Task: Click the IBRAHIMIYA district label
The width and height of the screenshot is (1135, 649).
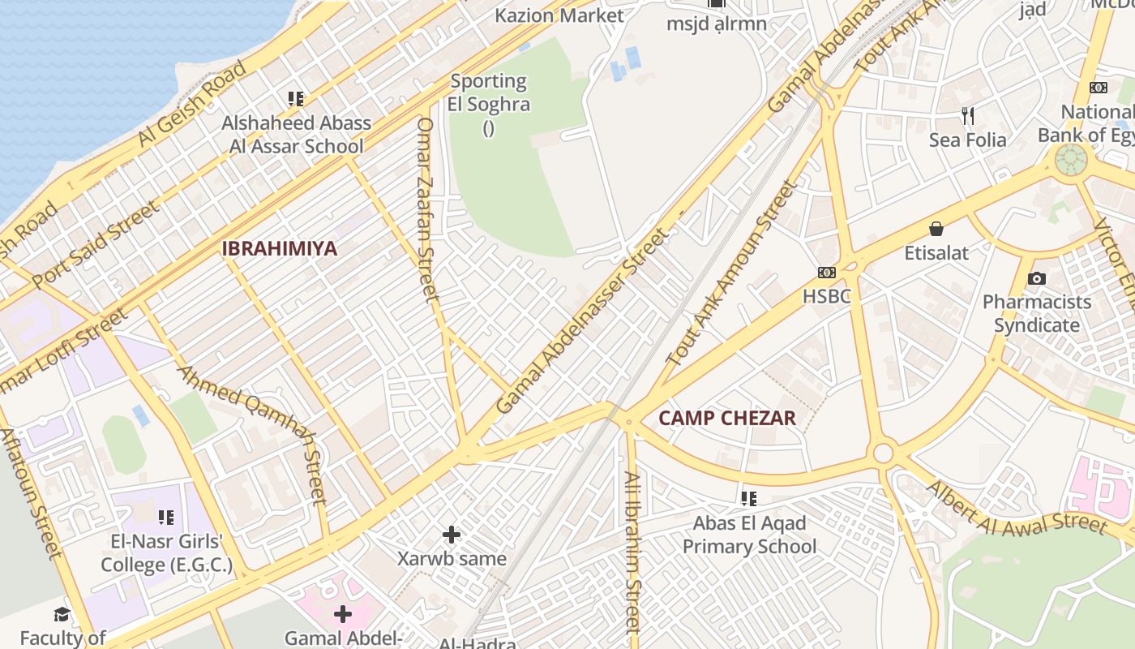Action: pos(279,248)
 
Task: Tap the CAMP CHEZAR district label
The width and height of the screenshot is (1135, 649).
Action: pos(726,419)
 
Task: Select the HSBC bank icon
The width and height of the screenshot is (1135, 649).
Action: pos(827,273)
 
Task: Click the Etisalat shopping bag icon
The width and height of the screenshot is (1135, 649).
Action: pos(936,229)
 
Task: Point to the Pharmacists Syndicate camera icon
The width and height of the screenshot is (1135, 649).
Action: pos(1036,278)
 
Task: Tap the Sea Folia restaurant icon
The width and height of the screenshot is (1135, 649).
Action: pos(967,115)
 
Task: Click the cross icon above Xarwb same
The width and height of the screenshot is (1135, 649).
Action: pos(452,535)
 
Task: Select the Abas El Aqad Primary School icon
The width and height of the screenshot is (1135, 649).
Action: pos(748,498)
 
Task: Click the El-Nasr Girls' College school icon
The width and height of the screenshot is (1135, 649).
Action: pos(166,517)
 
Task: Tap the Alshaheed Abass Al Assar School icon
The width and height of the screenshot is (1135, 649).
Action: pos(296,99)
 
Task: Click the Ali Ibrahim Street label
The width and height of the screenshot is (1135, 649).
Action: pos(632,552)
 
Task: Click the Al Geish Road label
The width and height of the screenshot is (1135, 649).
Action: pos(191,103)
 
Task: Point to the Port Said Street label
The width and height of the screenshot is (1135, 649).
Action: pos(96,244)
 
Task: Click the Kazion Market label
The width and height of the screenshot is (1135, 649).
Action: pos(559,15)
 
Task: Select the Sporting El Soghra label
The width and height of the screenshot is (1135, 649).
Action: pos(489,92)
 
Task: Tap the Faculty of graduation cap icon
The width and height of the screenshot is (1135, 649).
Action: pos(62,614)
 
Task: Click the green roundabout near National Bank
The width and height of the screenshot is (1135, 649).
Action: pos(1070,159)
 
